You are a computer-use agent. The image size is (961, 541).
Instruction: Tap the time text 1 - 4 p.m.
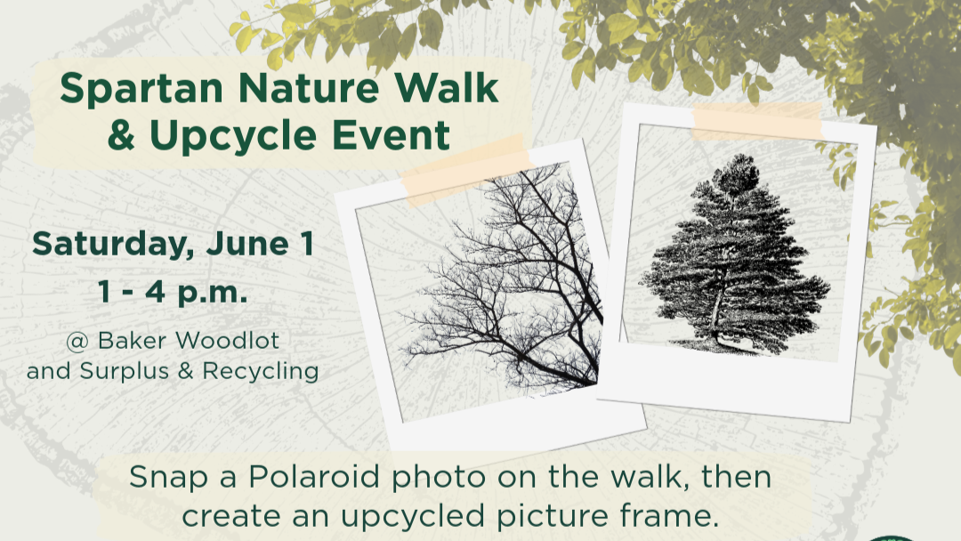(174, 292)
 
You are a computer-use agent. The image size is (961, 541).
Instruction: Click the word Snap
(166, 477)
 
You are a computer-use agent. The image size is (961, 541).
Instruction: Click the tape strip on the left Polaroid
(463, 169)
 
